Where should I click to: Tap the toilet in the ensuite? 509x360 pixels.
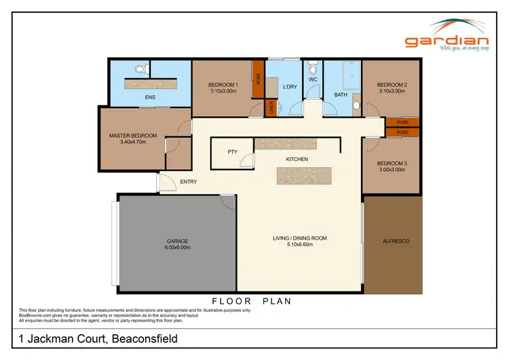click(141, 68)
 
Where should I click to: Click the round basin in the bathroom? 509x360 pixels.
click(356, 106)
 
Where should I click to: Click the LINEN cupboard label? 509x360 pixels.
click(270, 108)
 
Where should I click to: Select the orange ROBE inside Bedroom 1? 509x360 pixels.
click(258, 79)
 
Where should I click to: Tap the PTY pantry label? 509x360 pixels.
click(231, 152)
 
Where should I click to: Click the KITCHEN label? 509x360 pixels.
click(297, 159)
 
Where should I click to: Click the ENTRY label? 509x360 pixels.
click(188, 181)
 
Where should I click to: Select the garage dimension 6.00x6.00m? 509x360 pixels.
click(178, 247)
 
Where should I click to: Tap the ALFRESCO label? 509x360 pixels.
click(397, 241)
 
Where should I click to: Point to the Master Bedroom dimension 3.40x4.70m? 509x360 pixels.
click(133, 143)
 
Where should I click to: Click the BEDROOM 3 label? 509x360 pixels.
click(391, 163)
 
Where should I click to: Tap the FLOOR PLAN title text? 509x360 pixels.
click(251, 300)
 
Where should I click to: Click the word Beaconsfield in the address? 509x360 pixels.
click(143, 338)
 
